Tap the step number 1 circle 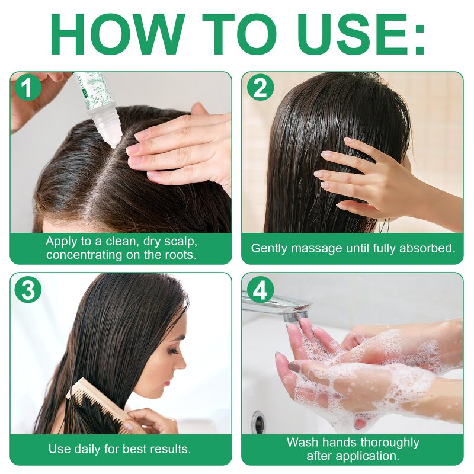point(27,87)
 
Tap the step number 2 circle point(260,87)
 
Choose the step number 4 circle point(260,289)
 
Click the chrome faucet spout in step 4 point(278,305)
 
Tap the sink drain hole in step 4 point(259,422)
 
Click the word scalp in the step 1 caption point(181,242)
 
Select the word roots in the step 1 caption point(180,255)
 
